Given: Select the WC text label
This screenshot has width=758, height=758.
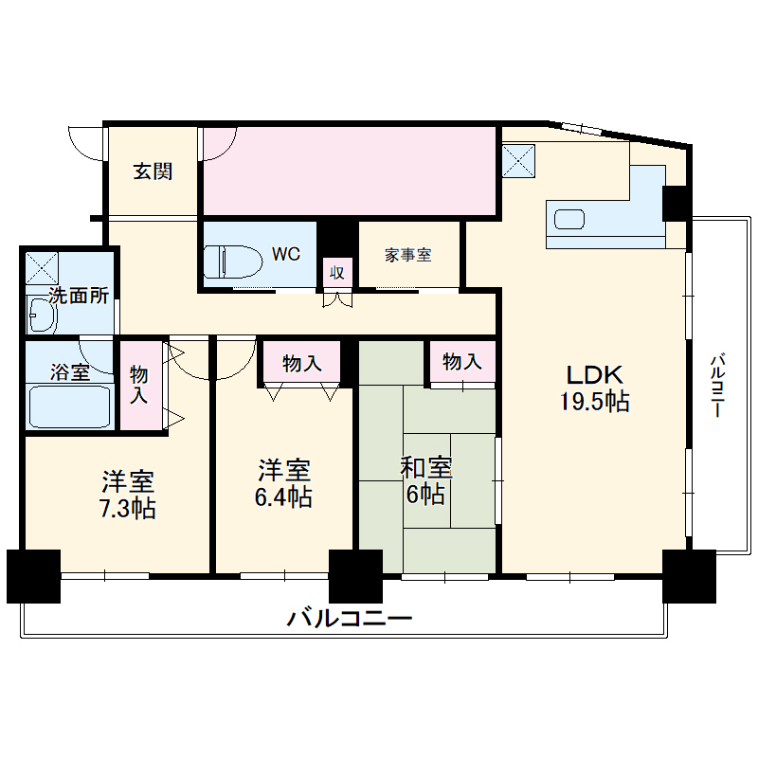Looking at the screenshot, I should pyautogui.click(x=286, y=254).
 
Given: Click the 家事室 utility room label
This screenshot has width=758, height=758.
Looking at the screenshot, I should pyautogui.click(x=408, y=255).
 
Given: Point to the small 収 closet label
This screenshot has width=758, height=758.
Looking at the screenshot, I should pyautogui.click(x=335, y=272).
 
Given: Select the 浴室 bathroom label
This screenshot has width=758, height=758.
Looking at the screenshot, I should pyautogui.click(x=69, y=371).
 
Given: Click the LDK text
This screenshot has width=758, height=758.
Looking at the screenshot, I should pyautogui.click(x=593, y=372).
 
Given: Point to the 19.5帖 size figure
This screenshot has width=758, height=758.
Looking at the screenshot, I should pyautogui.click(x=593, y=401).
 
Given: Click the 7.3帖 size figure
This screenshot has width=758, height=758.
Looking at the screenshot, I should pyautogui.click(x=129, y=508).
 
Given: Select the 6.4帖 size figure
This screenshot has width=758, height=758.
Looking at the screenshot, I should pyautogui.click(x=283, y=496).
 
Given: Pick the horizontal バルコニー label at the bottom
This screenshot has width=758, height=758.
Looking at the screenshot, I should pyautogui.click(x=350, y=620).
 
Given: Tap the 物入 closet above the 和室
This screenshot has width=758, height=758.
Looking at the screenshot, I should pyautogui.click(x=462, y=361).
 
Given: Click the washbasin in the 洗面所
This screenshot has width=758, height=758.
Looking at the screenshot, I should pyautogui.click(x=42, y=312).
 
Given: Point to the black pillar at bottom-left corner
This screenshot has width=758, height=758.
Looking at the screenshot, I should pyautogui.click(x=33, y=575).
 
